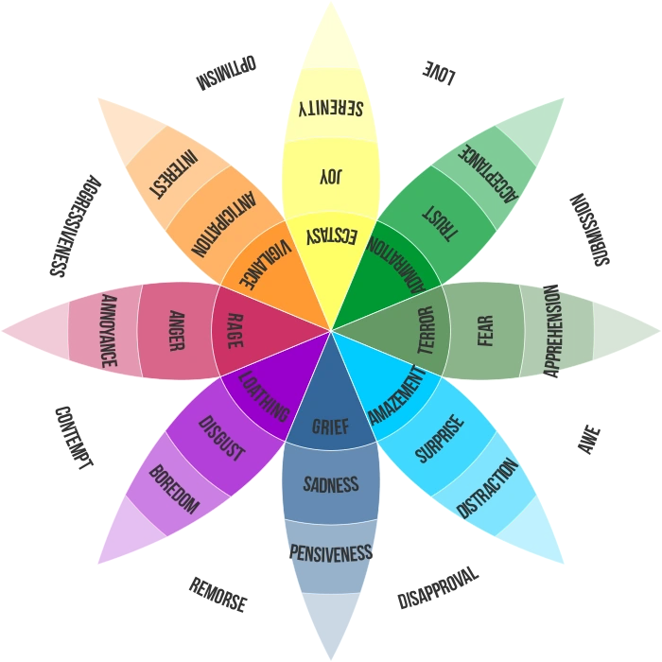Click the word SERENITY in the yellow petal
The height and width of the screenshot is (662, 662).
330,108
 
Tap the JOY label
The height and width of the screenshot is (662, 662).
330,176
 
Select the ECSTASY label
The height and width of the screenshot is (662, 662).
332,236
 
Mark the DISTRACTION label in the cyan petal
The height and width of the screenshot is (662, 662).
487,488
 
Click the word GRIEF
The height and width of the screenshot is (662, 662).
331,427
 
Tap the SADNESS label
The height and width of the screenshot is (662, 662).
331,485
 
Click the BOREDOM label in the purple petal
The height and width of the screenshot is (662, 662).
174,489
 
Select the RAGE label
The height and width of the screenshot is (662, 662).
235,332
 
